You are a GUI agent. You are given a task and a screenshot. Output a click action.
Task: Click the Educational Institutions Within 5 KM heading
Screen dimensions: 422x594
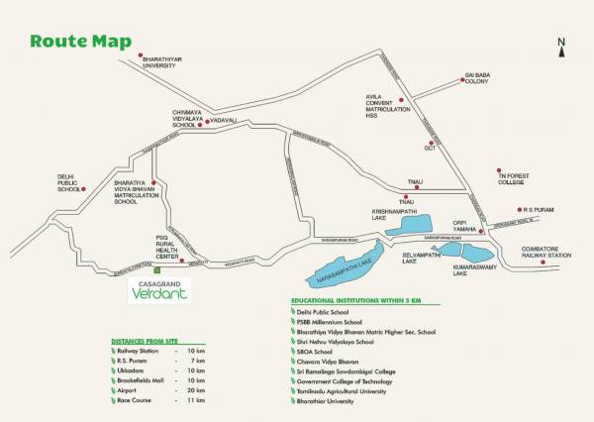(355, 299)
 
